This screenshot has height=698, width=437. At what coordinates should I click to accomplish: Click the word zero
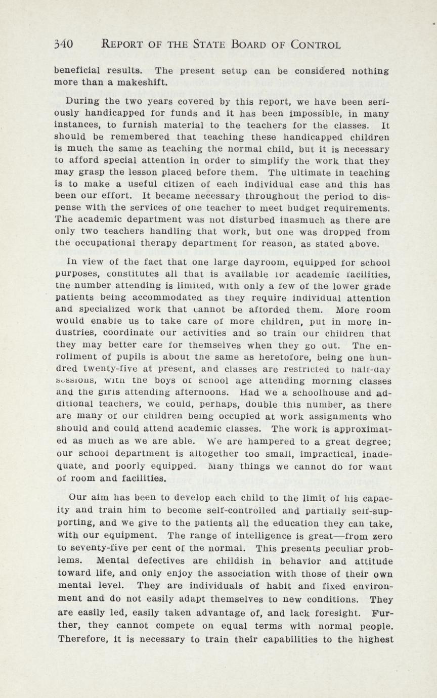(x=377, y=537)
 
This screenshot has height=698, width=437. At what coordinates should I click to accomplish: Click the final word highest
(x=372, y=639)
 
